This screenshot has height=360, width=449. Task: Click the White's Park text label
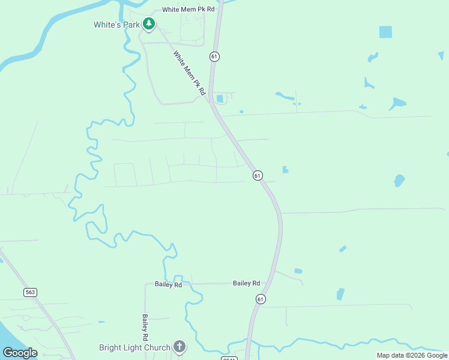pyautogui.click(x=116, y=25)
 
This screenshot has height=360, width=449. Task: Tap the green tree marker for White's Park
pyautogui.click(x=149, y=24)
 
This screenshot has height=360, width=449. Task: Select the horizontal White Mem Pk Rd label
pyautogui.click(x=188, y=10)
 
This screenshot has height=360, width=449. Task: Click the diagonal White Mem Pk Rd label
pyautogui.click(x=190, y=73)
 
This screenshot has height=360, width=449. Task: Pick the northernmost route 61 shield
pyautogui.click(x=214, y=56)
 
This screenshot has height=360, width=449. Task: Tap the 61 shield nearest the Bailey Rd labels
pyautogui.click(x=260, y=299)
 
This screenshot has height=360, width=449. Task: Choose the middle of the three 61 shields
pyautogui.click(x=257, y=175)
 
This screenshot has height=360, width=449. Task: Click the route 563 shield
pyautogui.click(x=31, y=292)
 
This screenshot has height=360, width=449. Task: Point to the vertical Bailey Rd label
pyautogui.click(x=145, y=325)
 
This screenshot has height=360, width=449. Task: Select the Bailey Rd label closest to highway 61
pyautogui.click(x=246, y=283)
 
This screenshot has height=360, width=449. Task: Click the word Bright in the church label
pyautogui.click(x=111, y=347)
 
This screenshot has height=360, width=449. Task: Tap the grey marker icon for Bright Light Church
pyautogui.click(x=179, y=346)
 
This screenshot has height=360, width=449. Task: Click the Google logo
pyautogui.click(x=20, y=353)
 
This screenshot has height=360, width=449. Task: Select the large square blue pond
pyautogui.click(x=385, y=32)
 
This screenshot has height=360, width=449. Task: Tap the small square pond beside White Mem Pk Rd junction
pyautogui.click(x=220, y=98)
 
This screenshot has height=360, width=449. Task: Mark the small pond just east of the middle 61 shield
pyautogui.click(x=285, y=170)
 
